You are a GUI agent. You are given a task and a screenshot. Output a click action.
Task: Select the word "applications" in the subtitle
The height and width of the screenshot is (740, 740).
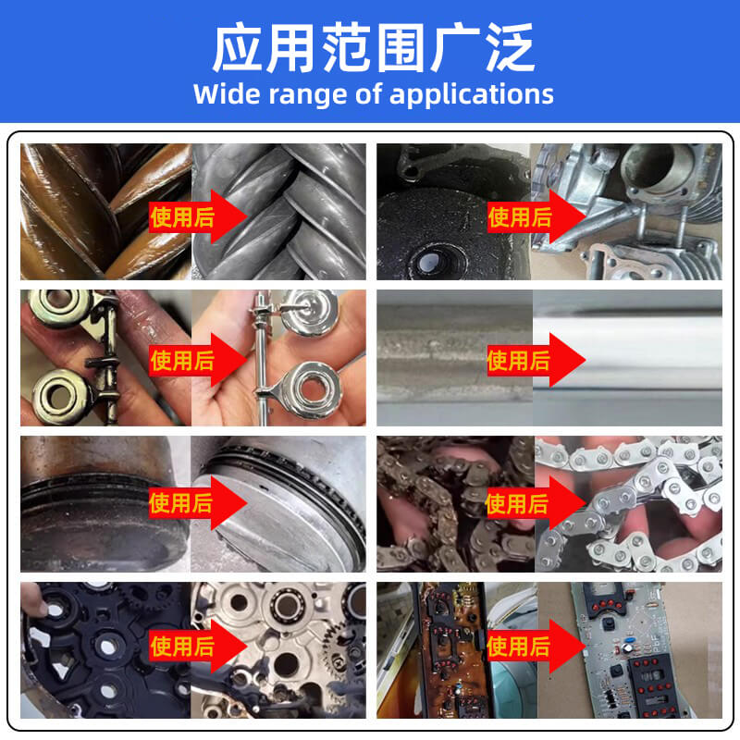472,94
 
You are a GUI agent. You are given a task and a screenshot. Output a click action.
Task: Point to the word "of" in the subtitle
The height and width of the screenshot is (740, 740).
368,93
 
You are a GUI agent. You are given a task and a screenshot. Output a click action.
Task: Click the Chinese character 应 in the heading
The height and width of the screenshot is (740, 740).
237,48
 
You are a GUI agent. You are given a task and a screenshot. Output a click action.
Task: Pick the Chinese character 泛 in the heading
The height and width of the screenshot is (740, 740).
511,48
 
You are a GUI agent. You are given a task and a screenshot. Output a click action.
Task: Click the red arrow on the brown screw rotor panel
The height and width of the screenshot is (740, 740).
198,216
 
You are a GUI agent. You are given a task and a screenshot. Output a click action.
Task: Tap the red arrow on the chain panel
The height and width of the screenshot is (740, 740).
536,503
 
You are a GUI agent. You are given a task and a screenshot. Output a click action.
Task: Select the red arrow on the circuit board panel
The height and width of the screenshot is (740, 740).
536,646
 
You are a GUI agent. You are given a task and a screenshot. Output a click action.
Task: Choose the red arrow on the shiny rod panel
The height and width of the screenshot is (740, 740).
536,360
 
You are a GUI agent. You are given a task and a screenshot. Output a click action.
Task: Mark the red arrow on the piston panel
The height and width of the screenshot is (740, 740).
198,502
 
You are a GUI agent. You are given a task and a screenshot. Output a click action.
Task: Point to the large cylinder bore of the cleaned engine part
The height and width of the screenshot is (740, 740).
647,166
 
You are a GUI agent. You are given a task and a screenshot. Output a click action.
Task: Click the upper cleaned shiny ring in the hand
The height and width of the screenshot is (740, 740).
309,313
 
